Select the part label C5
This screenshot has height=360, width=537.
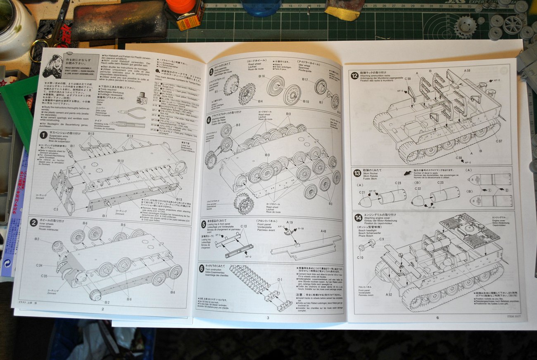point(55,210)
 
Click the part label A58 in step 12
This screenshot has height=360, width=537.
point(467,71)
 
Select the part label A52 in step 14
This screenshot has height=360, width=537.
point(390,295)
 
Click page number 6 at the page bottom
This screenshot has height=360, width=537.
point(437,317)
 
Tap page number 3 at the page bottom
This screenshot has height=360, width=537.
point(268,317)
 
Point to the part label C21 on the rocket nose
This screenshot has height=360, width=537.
point(361,192)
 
